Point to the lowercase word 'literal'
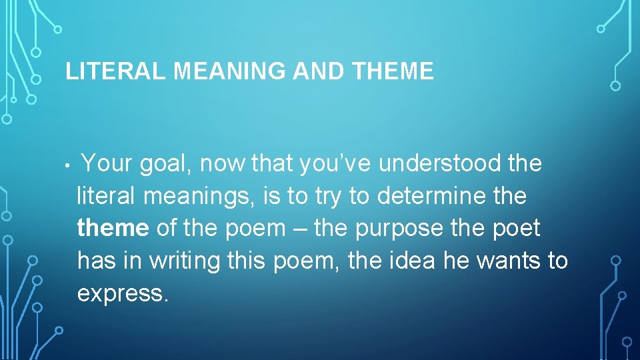point(105,196)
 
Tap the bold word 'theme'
point(113,229)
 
